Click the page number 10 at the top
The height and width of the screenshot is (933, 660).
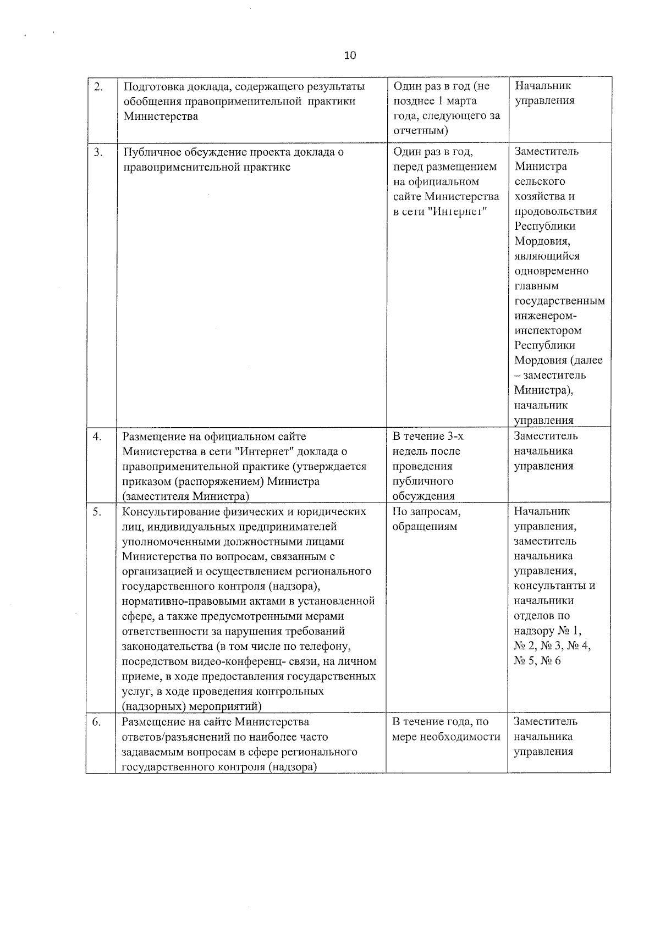[350, 56]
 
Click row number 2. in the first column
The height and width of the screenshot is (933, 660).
[98, 86]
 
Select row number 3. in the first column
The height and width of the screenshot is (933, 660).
[98, 152]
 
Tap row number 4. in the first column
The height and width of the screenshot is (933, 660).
[97, 437]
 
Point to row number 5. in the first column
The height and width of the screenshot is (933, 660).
[97, 512]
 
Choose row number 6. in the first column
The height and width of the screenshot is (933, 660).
[96, 722]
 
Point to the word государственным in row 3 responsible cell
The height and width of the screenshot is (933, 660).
[559, 301]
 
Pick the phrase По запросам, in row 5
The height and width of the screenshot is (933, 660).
[427, 512]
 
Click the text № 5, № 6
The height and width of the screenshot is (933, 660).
[537, 661]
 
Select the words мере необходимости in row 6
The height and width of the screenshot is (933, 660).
[446, 737]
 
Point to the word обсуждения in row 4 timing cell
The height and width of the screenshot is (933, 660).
[424, 496]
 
